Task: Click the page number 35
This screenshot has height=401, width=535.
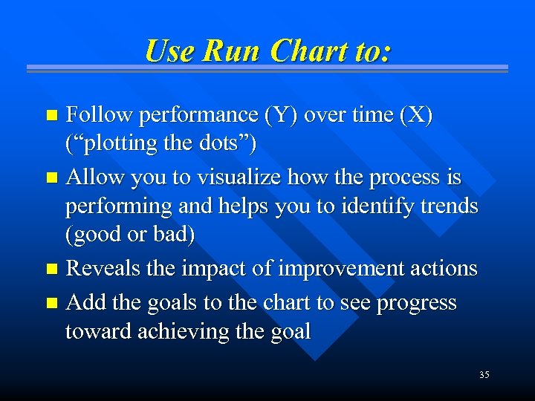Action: point(484,375)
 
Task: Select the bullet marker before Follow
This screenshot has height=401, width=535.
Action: point(51,116)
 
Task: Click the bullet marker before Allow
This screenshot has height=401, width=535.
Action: point(51,179)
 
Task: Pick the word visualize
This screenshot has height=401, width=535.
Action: point(239,177)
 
